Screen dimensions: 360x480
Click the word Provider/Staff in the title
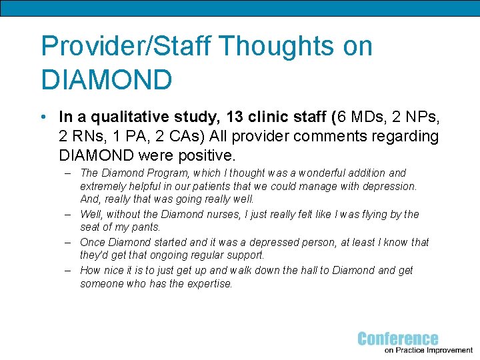pos(126,47)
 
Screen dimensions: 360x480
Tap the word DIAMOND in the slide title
pos(107,80)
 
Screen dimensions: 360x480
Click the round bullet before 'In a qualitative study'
pos(43,117)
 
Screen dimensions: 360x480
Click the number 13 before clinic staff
pos(234,117)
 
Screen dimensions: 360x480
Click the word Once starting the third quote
pos(93,243)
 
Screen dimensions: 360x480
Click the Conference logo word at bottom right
pos(398,339)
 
